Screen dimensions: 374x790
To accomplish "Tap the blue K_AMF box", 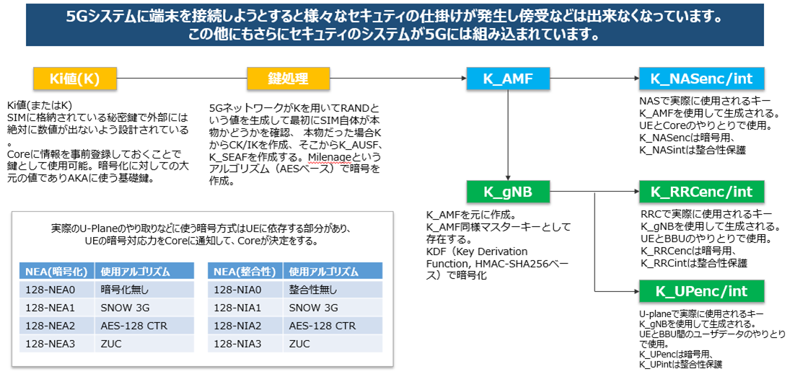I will pos(509,79).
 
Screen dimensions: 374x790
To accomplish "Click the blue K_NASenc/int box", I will pos(701,79).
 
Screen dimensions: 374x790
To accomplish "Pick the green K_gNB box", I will pos(509,192).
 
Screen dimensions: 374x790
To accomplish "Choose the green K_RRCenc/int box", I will pos(701,192).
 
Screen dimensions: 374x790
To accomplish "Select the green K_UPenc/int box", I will pos(701,291).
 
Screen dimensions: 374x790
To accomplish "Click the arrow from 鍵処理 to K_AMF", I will pos(397,79).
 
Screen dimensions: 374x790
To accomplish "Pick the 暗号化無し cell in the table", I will pos(126,290).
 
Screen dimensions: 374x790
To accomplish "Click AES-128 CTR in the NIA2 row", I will pos(320,325).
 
